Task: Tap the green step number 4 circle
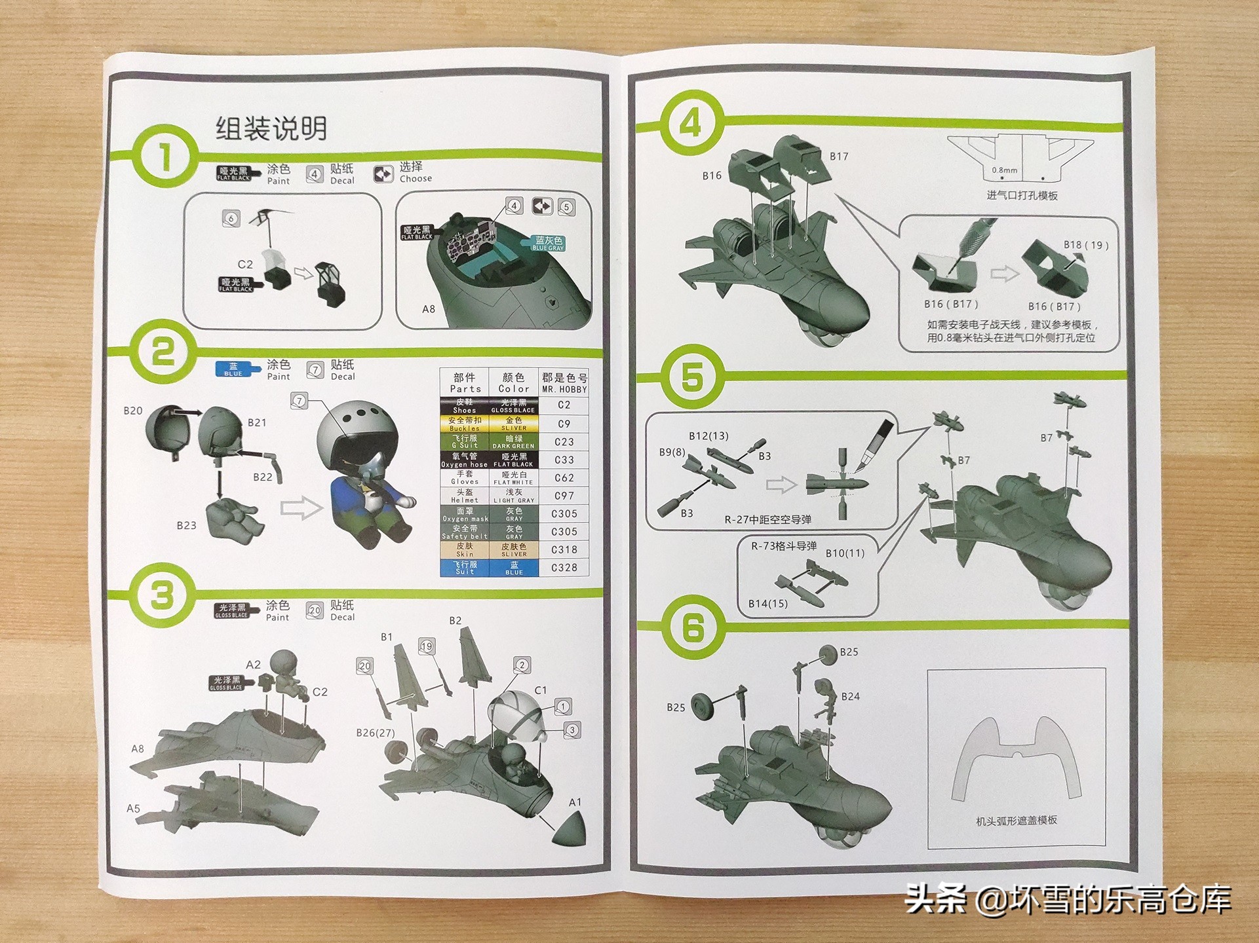(x=691, y=122)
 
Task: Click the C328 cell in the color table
(x=564, y=568)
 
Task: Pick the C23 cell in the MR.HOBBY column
(x=564, y=442)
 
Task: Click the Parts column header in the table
(x=465, y=382)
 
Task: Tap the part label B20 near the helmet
(x=132, y=411)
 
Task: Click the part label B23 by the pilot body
(x=186, y=525)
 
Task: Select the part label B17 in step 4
(x=839, y=157)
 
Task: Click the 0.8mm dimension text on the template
(x=1004, y=170)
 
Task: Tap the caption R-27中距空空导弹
(x=767, y=519)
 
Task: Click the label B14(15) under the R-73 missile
(x=767, y=604)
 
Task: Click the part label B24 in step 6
(x=850, y=696)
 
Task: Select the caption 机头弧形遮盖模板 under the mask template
(x=1016, y=821)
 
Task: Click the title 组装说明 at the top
(x=271, y=128)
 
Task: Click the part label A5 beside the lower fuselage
(x=133, y=809)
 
